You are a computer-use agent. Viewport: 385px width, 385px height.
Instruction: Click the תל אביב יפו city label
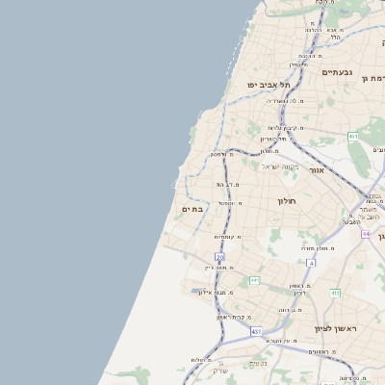click(269, 85)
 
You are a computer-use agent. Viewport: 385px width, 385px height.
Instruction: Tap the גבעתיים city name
click(338, 72)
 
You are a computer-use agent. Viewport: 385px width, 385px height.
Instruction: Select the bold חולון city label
click(290, 201)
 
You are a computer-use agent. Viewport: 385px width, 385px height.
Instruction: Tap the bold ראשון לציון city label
click(335, 329)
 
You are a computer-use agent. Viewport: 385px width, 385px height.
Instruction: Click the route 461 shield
click(353, 137)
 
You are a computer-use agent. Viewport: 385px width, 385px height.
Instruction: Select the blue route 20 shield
click(220, 258)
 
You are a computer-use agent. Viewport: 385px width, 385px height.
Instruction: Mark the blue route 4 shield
click(311, 262)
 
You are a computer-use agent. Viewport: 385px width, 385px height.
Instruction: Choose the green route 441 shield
click(255, 280)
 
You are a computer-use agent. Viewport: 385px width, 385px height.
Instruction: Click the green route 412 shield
click(336, 293)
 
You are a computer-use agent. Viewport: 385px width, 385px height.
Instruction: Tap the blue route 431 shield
click(256, 331)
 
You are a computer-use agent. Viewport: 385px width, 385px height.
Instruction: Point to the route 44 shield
click(366, 234)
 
